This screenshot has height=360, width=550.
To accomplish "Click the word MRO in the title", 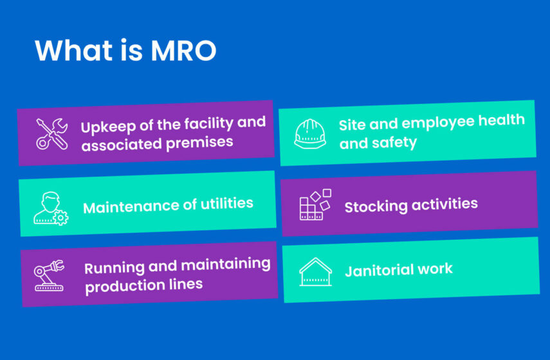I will (183, 51).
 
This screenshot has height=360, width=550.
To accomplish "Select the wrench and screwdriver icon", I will (50, 133).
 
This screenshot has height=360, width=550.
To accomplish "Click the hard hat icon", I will (310, 132).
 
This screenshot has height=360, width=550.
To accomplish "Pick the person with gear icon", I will (50, 207).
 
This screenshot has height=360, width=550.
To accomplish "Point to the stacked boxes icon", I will (315, 204).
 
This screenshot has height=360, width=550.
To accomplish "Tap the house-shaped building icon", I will (315, 271).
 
